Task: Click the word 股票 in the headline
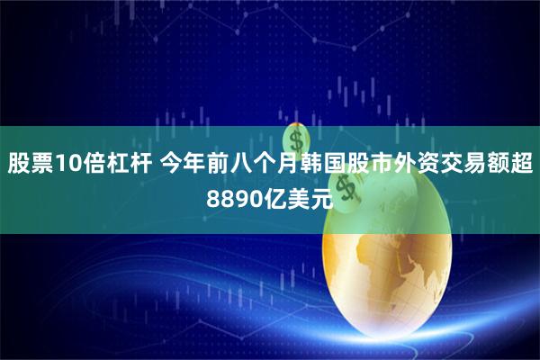coord(30,164)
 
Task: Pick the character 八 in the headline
coord(235,164)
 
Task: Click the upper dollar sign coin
coord(297,140)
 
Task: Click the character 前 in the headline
coord(211,164)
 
